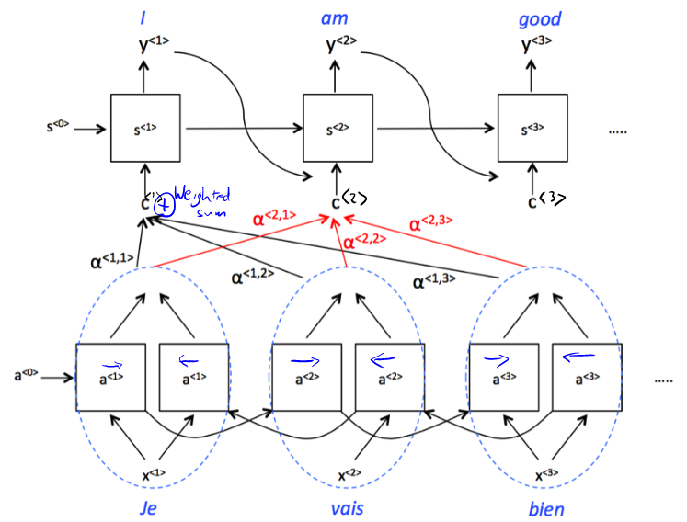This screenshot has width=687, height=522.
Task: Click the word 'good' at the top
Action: click(x=540, y=19)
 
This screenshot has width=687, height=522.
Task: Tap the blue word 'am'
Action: click(x=335, y=18)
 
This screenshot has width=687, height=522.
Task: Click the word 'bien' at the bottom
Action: click(x=546, y=508)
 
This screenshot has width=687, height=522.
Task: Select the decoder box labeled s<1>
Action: click(x=144, y=129)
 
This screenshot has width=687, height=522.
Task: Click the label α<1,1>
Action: click(x=112, y=263)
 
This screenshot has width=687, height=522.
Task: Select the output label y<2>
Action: click(x=338, y=44)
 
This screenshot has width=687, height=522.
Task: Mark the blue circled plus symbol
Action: click(x=163, y=205)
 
